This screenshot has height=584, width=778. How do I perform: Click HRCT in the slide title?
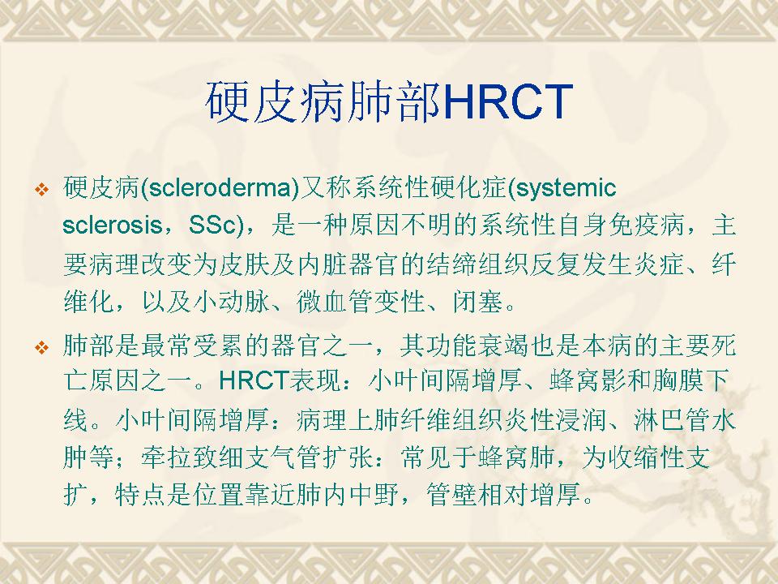point(508,101)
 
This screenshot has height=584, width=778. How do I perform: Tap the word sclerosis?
point(113,226)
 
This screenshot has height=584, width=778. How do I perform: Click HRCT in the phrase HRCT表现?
point(254,381)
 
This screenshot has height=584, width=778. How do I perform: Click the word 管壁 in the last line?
point(451,494)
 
